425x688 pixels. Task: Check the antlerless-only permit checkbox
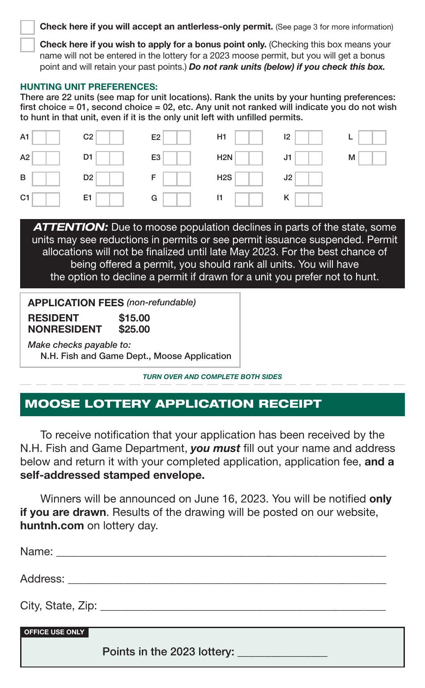click(27, 27)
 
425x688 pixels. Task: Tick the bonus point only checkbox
click(27, 45)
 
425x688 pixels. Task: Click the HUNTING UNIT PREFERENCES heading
click(89, 87)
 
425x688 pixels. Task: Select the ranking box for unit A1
click(46, 137)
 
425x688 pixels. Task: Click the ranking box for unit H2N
click(249, 158)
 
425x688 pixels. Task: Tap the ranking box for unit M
click(372, 158)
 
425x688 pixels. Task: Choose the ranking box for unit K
click(308, 199)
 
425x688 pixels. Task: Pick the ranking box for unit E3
click(177, 158)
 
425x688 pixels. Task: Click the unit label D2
click(88, 177)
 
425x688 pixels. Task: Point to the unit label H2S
click(224, 177)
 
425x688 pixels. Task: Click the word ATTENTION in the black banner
click(71, 227)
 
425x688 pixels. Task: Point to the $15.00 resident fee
click(134, 318)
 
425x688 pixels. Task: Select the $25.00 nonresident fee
click(134, 329)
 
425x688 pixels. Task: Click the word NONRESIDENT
click(64, 329)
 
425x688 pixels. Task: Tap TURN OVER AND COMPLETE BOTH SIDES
click(212, 377)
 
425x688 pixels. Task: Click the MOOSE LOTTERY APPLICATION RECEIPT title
click(173, 404)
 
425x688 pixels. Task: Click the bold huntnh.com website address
click(52, 525)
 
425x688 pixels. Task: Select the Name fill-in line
click(221, 553)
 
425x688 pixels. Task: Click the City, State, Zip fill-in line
click(242, 607)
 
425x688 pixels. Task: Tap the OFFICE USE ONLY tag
click(54, 632)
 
